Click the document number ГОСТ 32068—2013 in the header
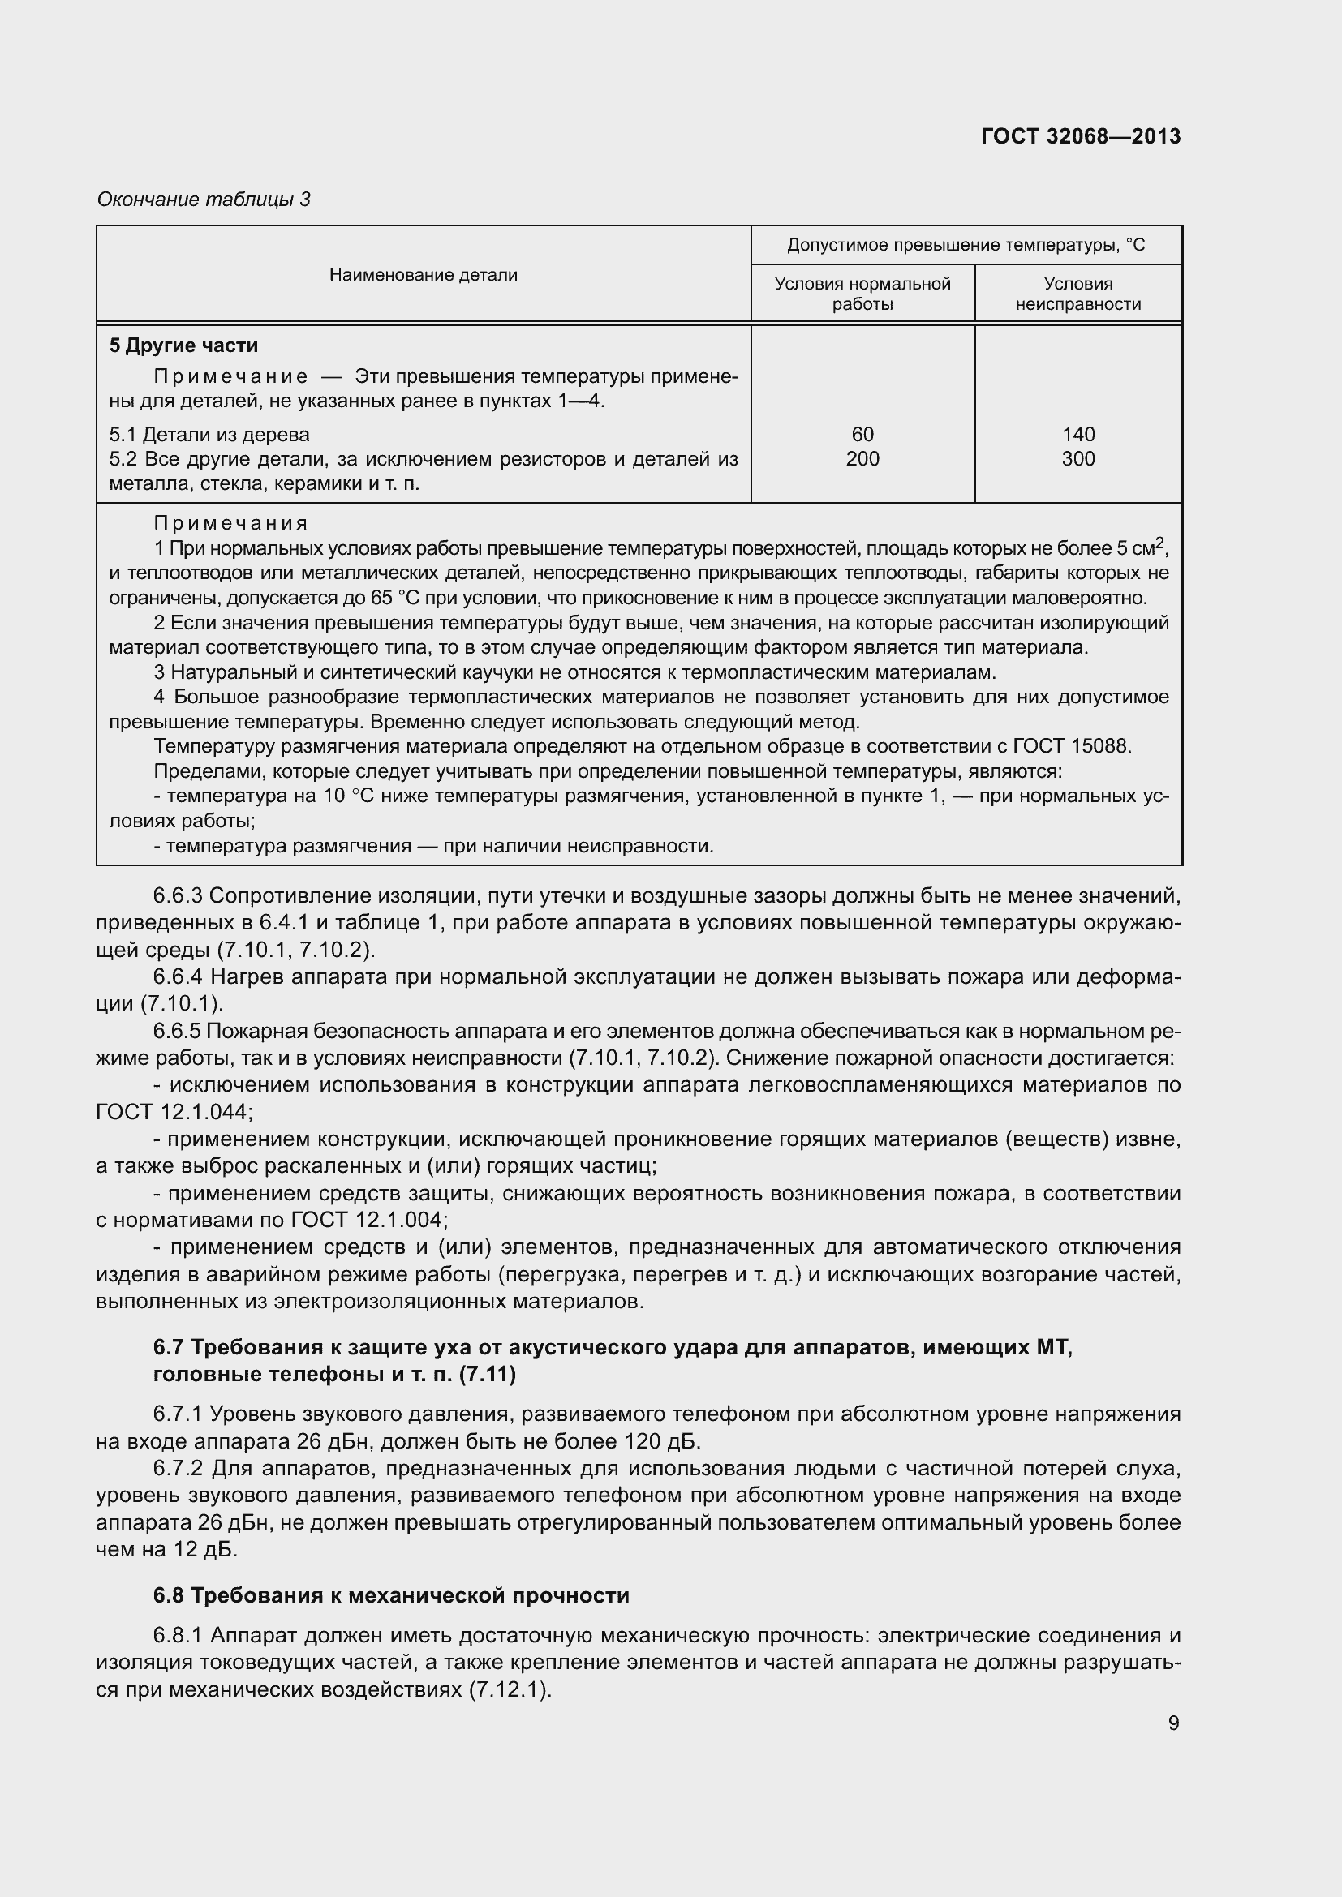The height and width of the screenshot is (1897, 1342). pos(1080,136)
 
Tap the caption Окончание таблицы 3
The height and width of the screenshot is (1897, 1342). pos(204,200)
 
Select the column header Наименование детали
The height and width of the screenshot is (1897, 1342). pos(423,274)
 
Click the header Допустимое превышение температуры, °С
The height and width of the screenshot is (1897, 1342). pos(966,245)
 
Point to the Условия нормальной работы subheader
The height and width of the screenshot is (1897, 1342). pos(862,294)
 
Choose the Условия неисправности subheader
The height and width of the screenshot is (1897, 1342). pos(1077,294)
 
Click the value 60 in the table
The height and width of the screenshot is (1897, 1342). pos(862,434)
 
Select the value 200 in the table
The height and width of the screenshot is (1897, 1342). pos(862,458)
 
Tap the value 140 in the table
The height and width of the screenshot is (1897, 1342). pos(1077,434)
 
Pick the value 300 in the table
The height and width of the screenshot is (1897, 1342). pos(1077,458)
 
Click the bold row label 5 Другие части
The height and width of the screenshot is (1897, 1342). pos(183,345)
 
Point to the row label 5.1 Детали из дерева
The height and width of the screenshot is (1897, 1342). pos(209,434)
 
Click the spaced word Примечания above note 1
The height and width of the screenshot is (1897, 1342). pos(230,523)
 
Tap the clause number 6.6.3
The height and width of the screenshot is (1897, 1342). pos(178,895)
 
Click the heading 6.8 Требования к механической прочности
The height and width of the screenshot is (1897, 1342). pos(391,1594)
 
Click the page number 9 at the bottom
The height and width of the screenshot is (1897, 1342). pos(1173,1723)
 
